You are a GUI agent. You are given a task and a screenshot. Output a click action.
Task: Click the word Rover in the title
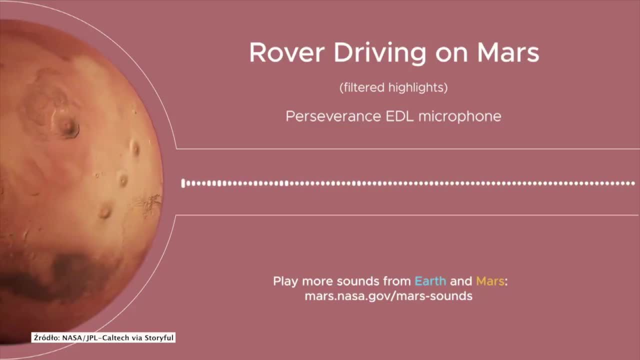pos(287,52)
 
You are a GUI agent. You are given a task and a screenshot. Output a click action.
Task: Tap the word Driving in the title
pos(380,54)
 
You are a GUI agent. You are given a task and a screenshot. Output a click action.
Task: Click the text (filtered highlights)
pos(393,87)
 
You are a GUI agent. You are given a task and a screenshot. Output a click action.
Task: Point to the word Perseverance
pos(333,116)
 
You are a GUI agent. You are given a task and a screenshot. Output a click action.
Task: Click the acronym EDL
pos(399,116)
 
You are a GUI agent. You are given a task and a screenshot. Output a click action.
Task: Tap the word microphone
pos(459,117)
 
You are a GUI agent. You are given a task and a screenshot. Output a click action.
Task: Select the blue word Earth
pos(430,281)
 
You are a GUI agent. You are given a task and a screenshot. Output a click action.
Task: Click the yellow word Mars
pos(490,281)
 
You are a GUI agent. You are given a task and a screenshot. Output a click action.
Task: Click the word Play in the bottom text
pos(285,281)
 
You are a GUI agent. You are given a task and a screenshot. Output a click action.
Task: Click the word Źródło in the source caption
pos(46,337)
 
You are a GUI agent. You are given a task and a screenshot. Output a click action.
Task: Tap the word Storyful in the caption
pos(159,338)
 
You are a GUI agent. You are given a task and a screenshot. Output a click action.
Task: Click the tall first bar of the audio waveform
pos(183,183)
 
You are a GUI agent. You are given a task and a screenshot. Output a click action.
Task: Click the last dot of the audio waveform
pos(633,183)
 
